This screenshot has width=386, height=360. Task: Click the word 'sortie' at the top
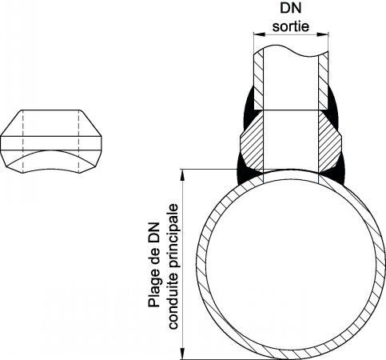[x=291, y=26]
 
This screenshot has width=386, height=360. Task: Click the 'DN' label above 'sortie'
[x=291, y=8]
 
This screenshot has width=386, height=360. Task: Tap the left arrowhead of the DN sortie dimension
[x=260, y=34]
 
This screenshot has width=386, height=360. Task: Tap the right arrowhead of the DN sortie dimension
[x=322, y=34]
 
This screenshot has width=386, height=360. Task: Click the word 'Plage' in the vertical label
[x=154, y=293]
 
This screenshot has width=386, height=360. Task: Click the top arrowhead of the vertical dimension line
[x=182, y=175]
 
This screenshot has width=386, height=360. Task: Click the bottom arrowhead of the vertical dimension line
[x=182, y=354]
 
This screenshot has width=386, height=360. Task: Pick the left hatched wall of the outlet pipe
[x=258, y=80]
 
